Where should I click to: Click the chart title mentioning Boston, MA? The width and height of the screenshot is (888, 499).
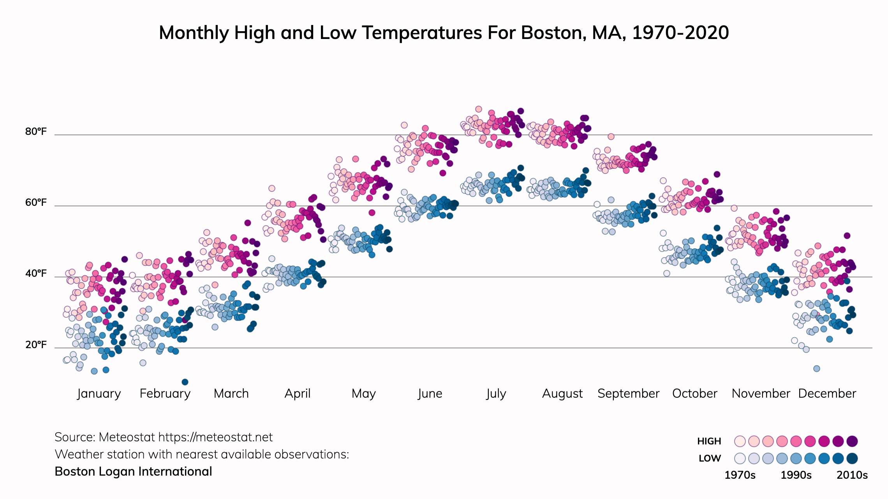coord(444,33)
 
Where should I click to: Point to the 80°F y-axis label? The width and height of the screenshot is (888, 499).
coord(36,132)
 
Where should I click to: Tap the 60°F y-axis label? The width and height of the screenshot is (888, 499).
coord(36,203)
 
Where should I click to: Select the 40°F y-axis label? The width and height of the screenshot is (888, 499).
coord(36,274)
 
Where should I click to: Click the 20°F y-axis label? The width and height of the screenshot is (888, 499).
coord(36,345)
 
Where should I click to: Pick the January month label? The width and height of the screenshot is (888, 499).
coord(99,393)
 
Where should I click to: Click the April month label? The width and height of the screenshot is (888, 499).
coord(298,393)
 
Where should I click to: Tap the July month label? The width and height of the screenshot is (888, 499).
coord(496,393)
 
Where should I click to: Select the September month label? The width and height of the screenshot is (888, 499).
coord(628,393)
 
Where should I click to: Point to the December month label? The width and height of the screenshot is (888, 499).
coord(827,393)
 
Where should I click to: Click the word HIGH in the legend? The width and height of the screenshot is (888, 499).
coord(709,441)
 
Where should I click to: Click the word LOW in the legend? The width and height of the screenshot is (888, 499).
coord(710,458)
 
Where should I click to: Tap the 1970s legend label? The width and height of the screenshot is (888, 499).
coord(740,475)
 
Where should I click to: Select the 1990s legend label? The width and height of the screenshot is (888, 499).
coord(796,475)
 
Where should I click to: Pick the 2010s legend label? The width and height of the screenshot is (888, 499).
coord(852,475)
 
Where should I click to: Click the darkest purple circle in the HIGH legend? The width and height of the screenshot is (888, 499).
coord(852,441)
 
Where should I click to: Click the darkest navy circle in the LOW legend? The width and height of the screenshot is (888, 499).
coord(852,458)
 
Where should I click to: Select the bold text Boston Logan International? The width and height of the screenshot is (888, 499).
coord(133,472)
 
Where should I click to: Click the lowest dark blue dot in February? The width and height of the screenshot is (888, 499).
coord(185,382)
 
